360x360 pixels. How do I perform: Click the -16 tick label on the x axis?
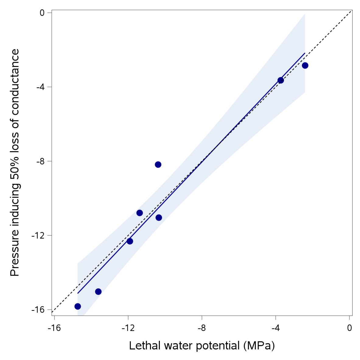[x=54, y=328]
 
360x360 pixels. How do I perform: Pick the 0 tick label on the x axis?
[x=349, y=328]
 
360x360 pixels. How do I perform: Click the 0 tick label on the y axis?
[x=42, y=13]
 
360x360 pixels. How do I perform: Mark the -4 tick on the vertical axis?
[x=40, y=87]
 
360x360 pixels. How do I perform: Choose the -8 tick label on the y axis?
[x=40, y=161]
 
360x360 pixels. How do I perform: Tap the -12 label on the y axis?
[x=38, y=236]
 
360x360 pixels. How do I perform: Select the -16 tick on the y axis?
[x=38, y=310]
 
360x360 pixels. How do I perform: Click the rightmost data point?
[x=305, y=65]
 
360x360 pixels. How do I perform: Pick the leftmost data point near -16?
[x=78, y=306]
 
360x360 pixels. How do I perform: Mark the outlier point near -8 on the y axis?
[x=158, y=165]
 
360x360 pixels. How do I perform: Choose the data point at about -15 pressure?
[x=98, y=292]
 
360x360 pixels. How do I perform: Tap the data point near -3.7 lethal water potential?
[x=281, y=80]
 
